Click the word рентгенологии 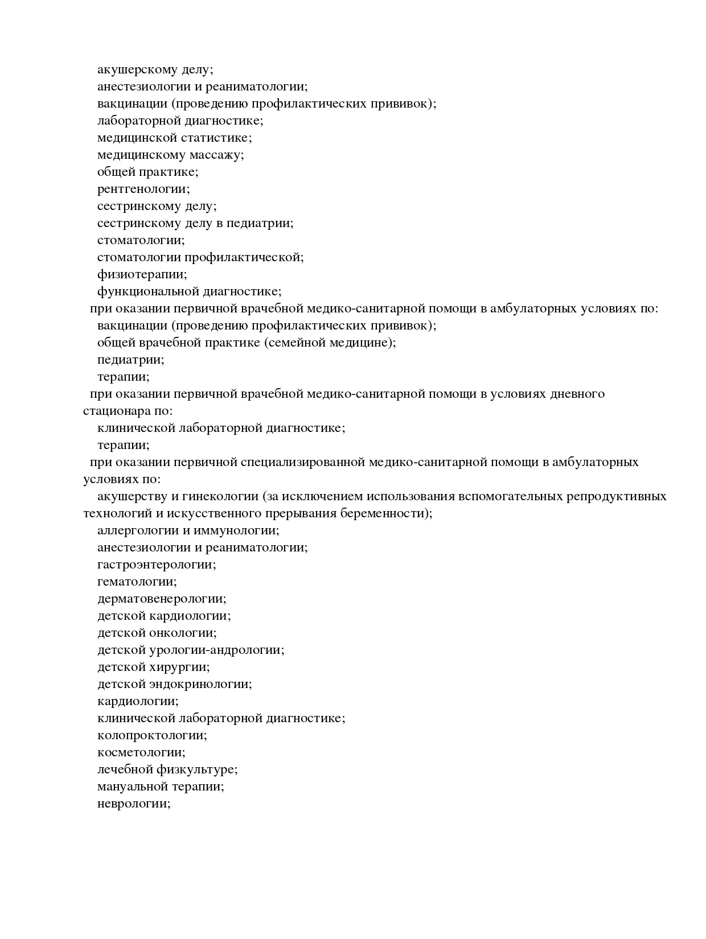pyautogui.click(x=143, y=189)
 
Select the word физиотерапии pyautogui.click(x=141, y=274)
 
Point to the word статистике pyautogui.click(x=216, y=138)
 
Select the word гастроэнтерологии pyautogui.click(x=156, y=565)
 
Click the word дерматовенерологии pyautogui.click(x=161, y=599)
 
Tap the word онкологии pyautogui.click(x=182, y=633)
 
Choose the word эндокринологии pyautogui.click(x=200, y=684)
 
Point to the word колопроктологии pyautogui.click(x=151, y=735)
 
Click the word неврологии pyautogui.click(x=133, y=804)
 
